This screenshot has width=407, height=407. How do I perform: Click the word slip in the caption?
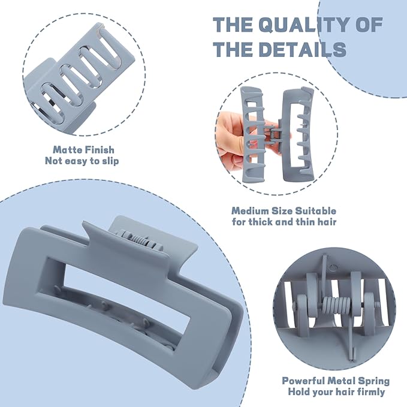(109, 161)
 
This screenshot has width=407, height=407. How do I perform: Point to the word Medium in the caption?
(250, 210)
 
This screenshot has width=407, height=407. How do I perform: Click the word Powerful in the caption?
(303, 381)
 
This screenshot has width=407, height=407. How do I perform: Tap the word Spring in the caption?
(374, 381)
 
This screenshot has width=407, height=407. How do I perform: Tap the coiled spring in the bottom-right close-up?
(336, 306)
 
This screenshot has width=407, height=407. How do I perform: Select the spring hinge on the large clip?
(140, 240)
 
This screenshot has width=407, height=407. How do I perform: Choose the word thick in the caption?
(261, 222)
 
